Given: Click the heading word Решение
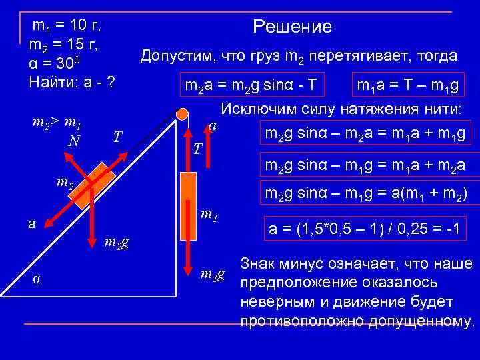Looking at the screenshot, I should coord(292,27).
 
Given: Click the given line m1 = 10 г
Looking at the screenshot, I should coord(67,26).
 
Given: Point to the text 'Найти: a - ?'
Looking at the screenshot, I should coord(72,83).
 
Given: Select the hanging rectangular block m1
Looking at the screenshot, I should coord(189,205).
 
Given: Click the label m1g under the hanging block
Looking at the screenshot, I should coord(213,273).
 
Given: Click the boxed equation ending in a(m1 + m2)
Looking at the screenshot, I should coord(365,194).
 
